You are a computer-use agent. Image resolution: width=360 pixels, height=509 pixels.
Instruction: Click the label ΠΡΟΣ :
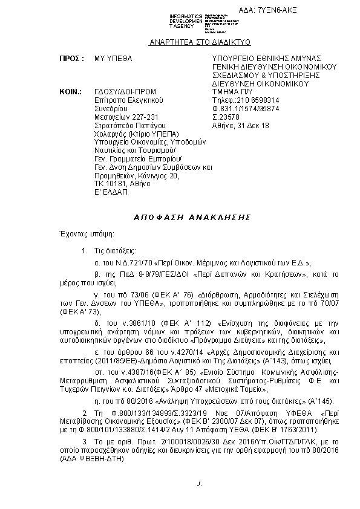[71, 59]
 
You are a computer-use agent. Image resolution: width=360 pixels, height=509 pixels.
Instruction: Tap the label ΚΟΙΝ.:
[71, 91]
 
